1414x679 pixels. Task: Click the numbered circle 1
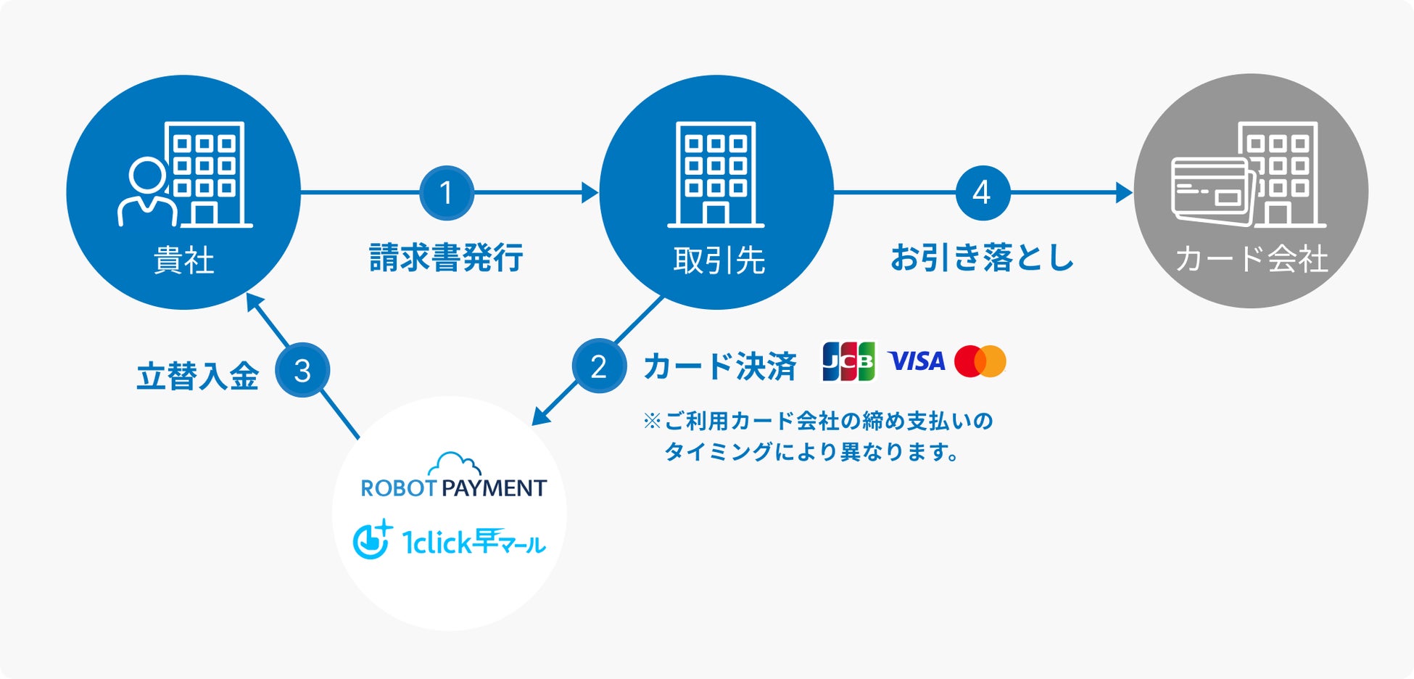447,193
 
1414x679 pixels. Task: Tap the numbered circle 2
599,366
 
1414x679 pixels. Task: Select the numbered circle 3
302,371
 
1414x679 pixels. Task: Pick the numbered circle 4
983,193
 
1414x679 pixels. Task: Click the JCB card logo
848,361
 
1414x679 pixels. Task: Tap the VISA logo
917,361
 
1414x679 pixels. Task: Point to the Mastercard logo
980,361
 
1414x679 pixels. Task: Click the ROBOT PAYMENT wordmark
453,488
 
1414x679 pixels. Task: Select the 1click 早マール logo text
474,542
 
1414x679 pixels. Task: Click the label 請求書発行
446,258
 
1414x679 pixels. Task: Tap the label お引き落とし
982,258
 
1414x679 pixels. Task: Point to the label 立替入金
197,376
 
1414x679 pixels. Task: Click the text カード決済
720,366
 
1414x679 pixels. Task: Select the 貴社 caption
184,260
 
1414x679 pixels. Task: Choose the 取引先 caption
719,260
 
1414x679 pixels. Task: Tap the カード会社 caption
1252,259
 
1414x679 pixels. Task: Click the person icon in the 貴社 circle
148,192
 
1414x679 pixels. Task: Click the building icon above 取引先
716,174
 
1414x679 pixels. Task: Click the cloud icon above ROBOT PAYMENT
454,464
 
